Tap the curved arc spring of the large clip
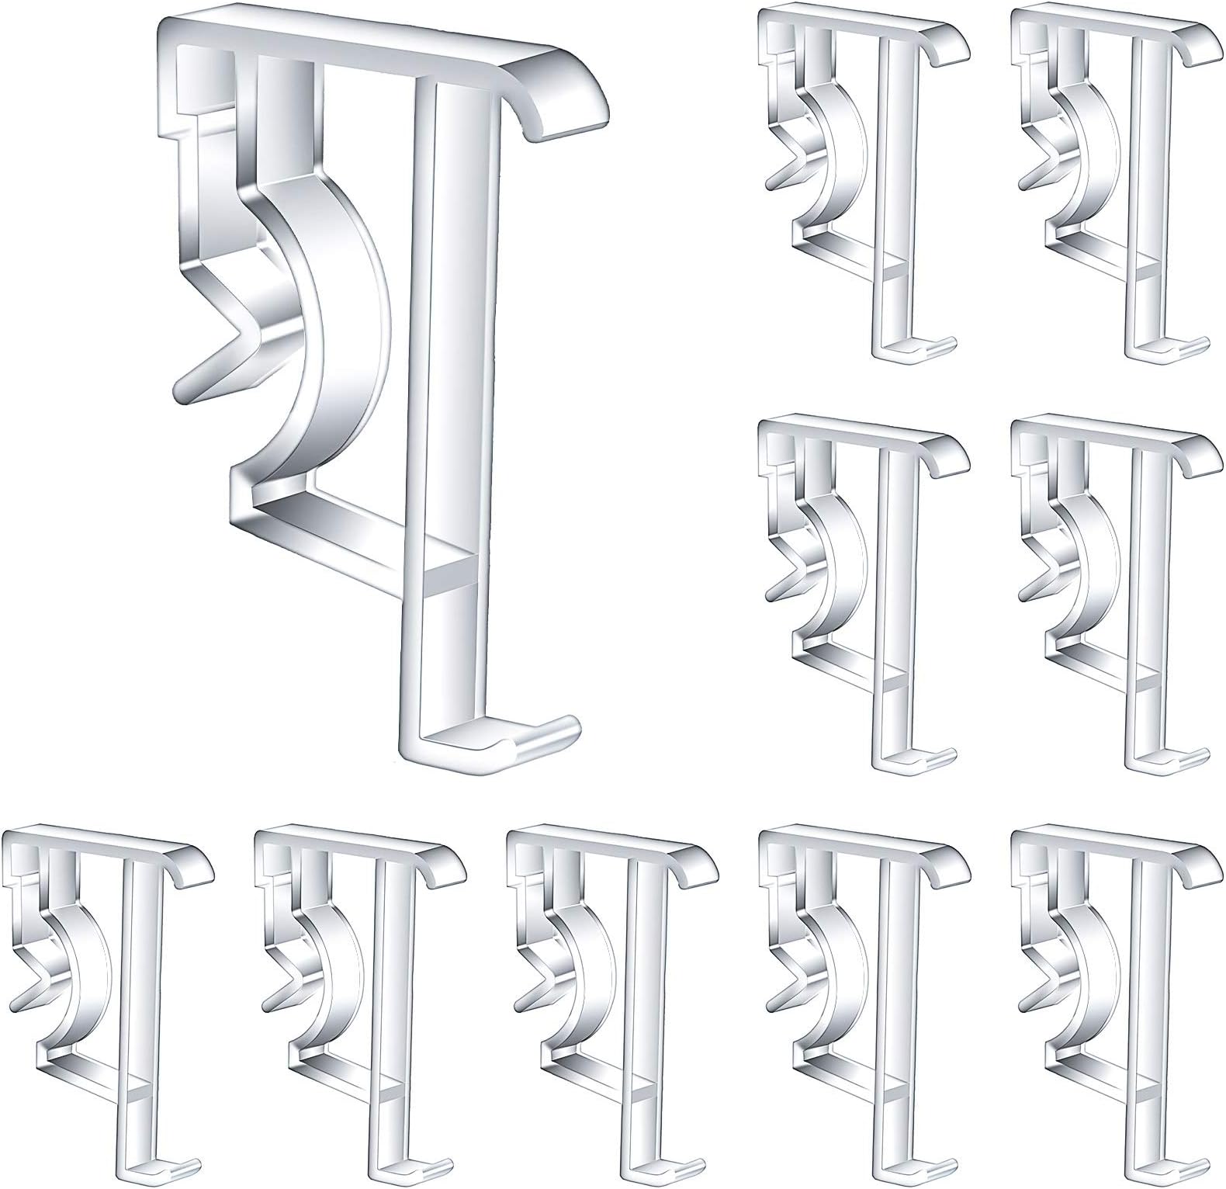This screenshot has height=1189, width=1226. coord(334,326)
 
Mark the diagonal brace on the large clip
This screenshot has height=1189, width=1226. coord(341,532)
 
